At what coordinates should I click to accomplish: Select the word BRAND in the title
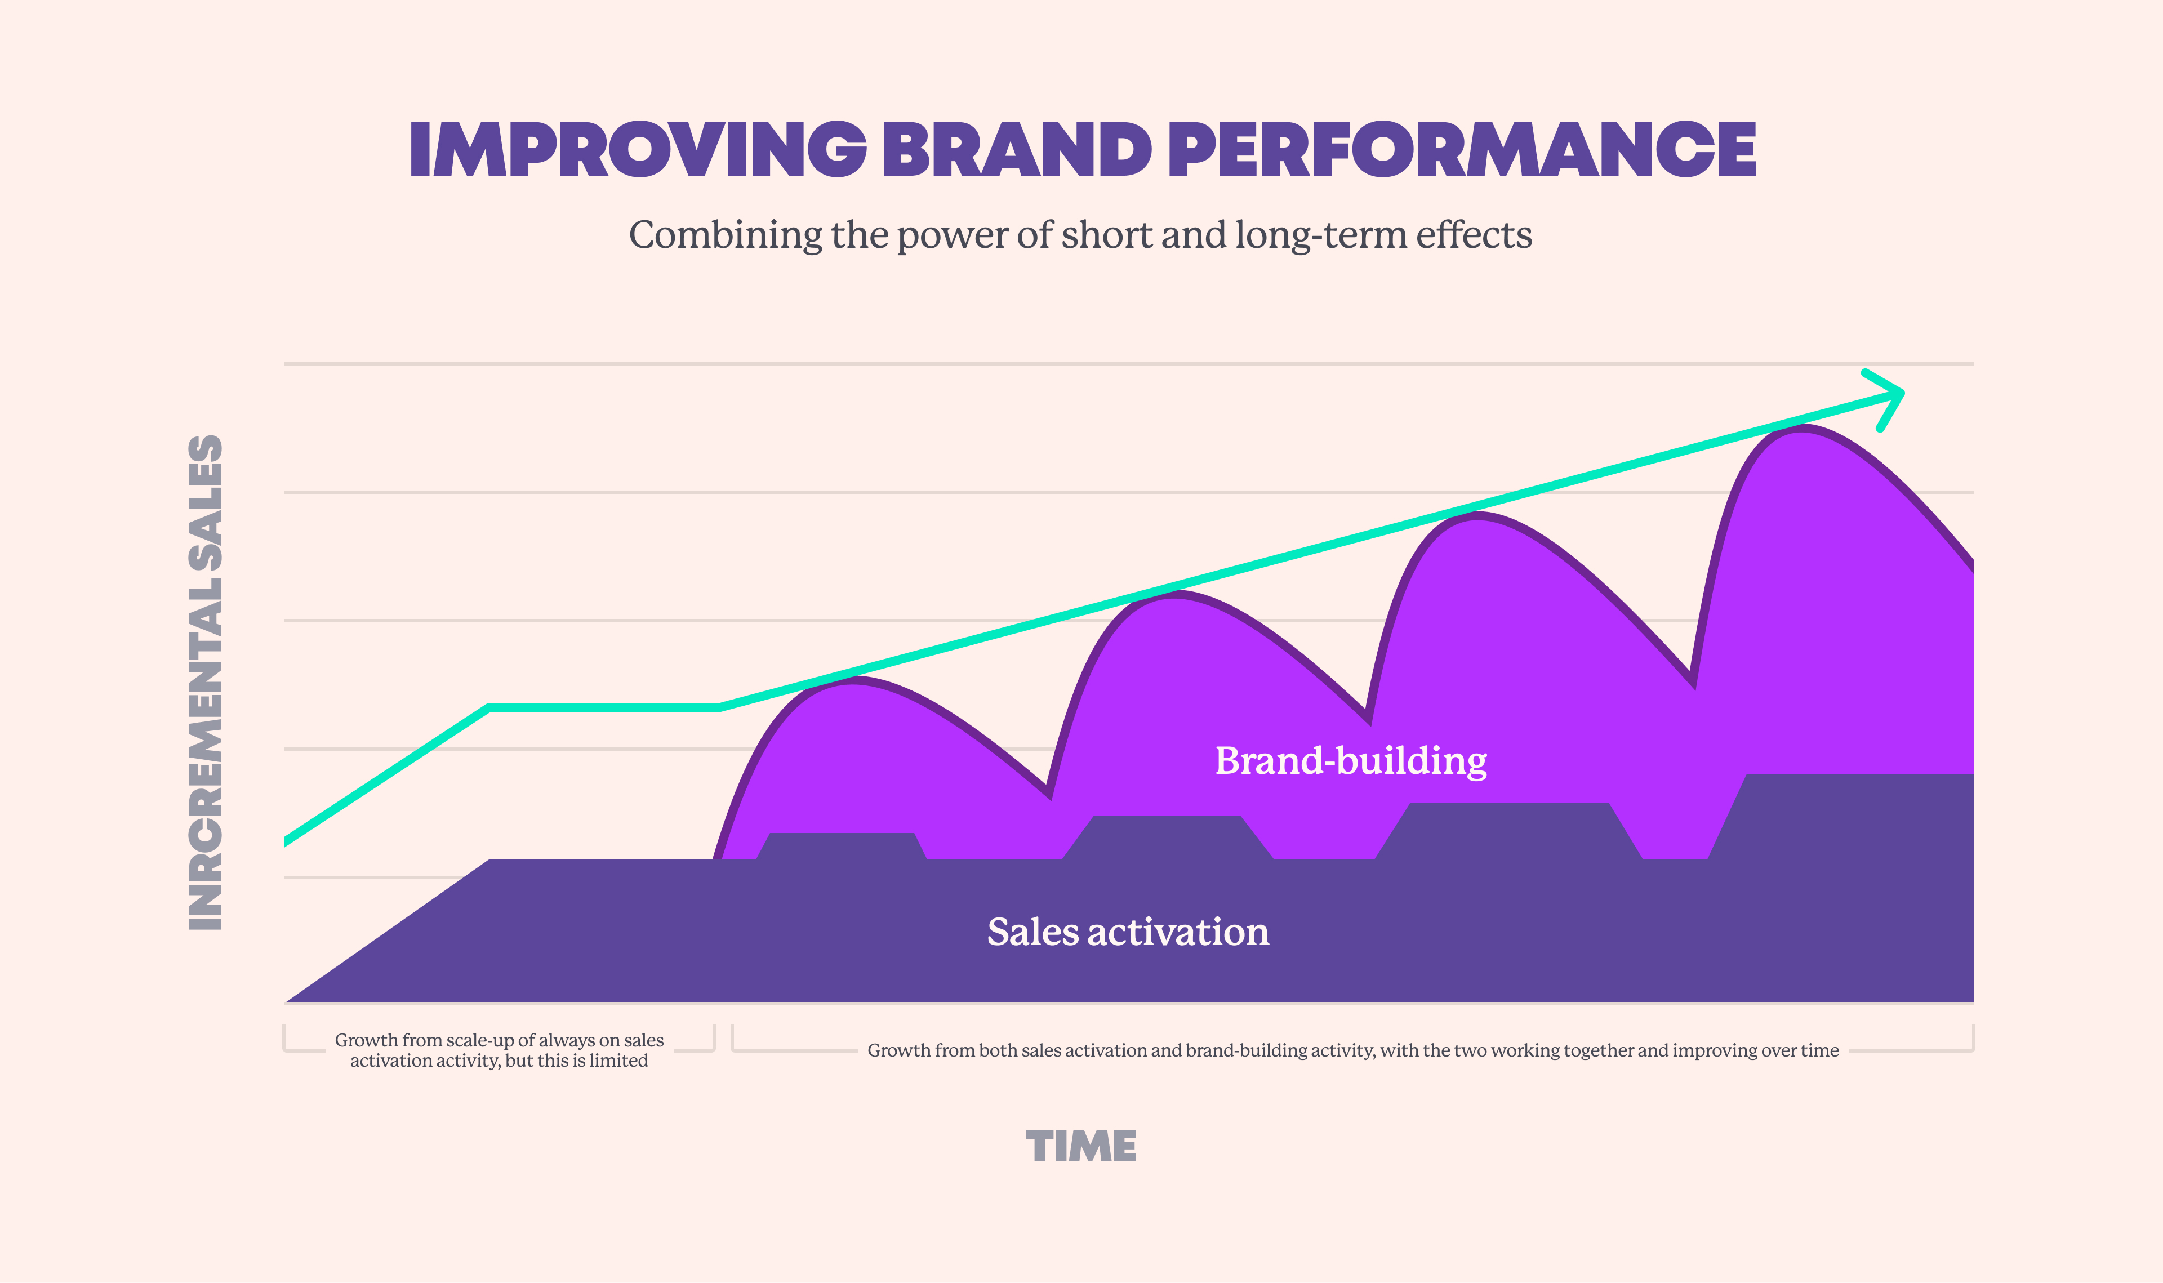[x=1017, y=150]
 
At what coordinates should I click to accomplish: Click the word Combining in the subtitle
[x=726, y=235]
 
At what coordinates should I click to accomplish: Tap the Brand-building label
[x=1350, y=761]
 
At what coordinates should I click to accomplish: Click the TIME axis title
[x=1080, y=1146]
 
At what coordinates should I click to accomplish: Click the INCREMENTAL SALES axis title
[x=206, y=683]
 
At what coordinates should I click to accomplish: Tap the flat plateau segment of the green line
[x=603, y=708]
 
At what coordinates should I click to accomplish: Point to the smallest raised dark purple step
[x=841, y=845]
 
